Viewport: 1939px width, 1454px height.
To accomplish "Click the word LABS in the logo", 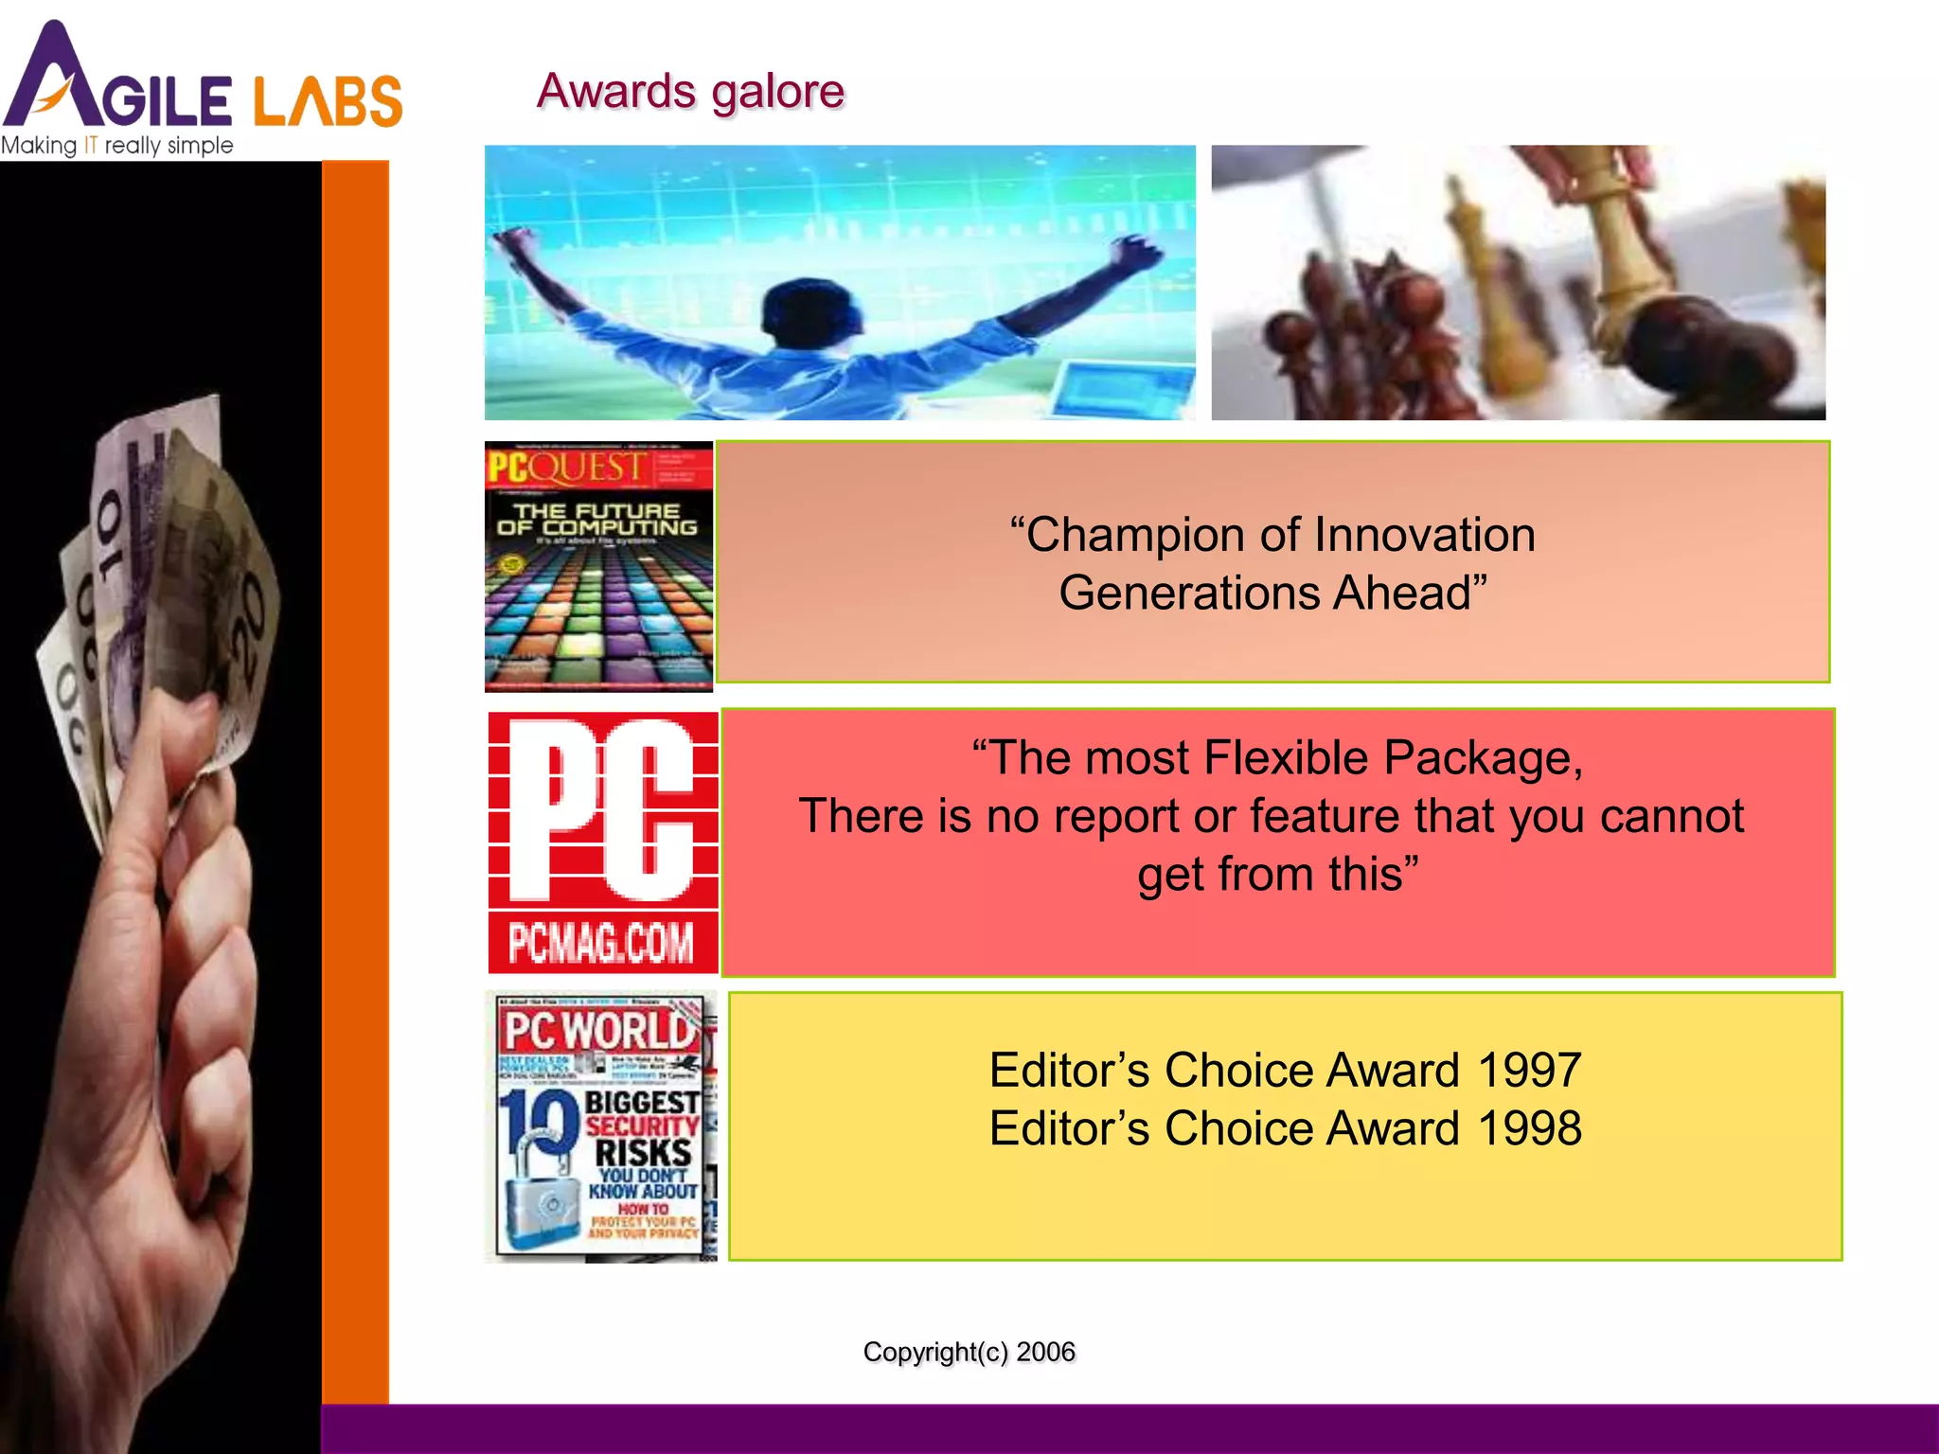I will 328,100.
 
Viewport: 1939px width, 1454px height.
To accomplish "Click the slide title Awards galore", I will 690,92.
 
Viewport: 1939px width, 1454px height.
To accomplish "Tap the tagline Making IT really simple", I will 116,146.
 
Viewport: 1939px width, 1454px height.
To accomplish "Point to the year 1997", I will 1528,1071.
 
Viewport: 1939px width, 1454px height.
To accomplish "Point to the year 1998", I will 1528,1128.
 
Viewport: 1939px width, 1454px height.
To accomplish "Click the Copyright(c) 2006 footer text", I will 969,1352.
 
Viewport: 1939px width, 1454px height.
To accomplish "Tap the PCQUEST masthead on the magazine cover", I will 566,468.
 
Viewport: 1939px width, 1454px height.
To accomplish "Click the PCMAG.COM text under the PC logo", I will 601,943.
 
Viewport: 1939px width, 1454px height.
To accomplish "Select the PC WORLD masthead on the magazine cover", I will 598,1030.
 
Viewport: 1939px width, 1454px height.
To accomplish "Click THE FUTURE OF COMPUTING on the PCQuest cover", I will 597,520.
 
